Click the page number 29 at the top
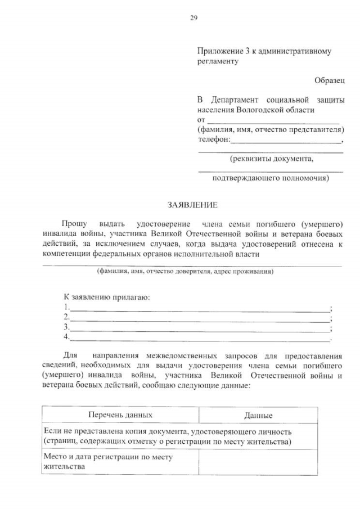pos(193,17)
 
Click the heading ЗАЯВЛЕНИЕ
pos(192,205)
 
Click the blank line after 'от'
pos(273,120)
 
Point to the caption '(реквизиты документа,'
pos(272,159)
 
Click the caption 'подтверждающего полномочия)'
pos(271,179)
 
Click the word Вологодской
pos(262,110)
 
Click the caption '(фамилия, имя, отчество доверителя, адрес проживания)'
pos(185,271)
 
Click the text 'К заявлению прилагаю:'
pos(106,297)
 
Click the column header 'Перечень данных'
pos(120,415)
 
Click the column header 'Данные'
pos(258,416)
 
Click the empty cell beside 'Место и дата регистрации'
pos(258,462)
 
